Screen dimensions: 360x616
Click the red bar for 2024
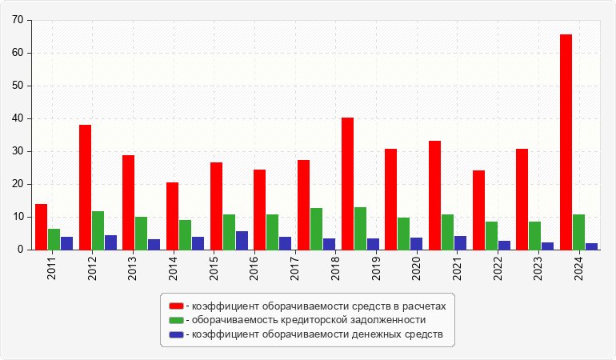pyautogui.click(x=566, y=142)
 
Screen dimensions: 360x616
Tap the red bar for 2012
pyautogui.click(x=85, y=187)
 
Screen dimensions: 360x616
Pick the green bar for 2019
pyautogui.click(x=360, y=229)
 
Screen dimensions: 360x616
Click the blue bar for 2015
pyautogui.click(x=242, y=241)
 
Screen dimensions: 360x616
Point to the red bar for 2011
pyautogui.click(x=41, y=227)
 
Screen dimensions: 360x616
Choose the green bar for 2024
pyautogui.click(x=578, y=232)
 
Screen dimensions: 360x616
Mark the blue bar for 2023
pyautogui.click(x=547, y=246)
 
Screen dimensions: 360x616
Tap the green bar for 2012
pyautogui.click(x=98, y=230)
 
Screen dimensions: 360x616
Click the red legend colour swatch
pyautogui.click(x=176, y=306)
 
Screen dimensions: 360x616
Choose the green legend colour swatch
pyautogui.click(x=176, y=320)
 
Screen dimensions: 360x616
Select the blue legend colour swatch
pyautogui.click(x=176, y=334)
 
